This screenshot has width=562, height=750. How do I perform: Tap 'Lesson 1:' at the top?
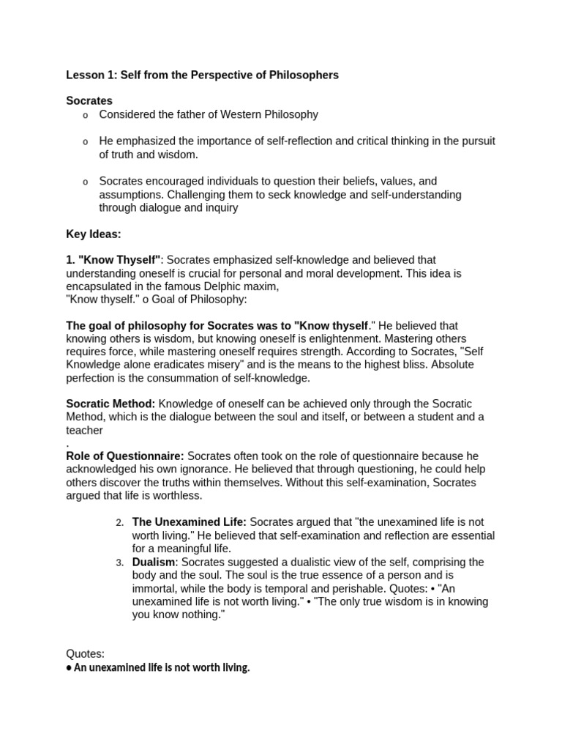90,75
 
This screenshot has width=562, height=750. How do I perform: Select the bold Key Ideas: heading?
94,234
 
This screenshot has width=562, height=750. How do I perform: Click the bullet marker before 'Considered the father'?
85,115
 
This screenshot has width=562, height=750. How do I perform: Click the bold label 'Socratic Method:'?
110,404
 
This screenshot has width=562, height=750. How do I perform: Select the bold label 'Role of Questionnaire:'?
125,456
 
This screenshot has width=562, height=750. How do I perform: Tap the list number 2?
120,522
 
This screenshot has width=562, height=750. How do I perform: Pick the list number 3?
120,562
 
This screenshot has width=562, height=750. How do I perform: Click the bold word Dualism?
154,562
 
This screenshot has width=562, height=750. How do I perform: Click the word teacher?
84,430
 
